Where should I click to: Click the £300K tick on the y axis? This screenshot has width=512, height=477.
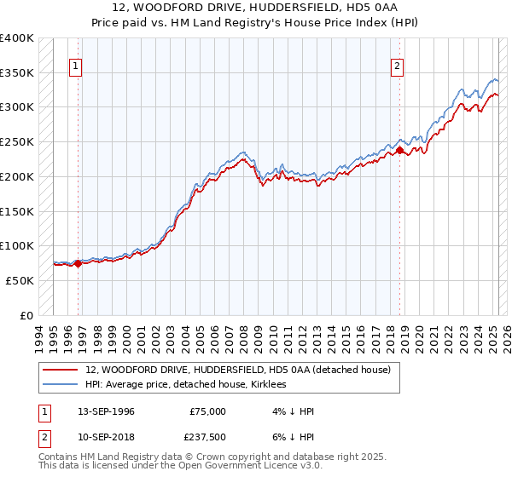[x=18, y=107]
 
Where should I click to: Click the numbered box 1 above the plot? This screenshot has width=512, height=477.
[x=77, y=66]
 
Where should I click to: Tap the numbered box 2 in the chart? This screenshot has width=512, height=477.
[x=399, y=66]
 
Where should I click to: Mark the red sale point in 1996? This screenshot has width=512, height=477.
[x=78, y=263]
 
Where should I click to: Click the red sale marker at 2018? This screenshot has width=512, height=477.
[x=399, y=151]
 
